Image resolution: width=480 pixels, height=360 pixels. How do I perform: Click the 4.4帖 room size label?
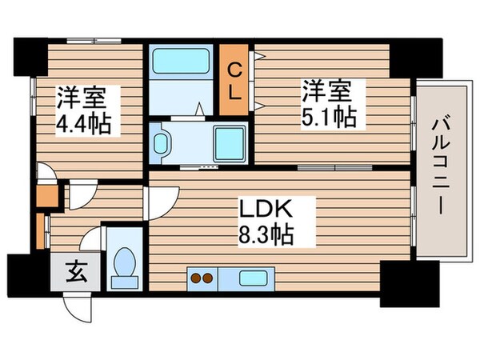[83, 124]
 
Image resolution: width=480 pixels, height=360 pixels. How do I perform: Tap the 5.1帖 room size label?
[328, 115]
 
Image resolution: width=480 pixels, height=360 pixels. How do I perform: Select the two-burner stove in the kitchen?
[200, 279]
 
